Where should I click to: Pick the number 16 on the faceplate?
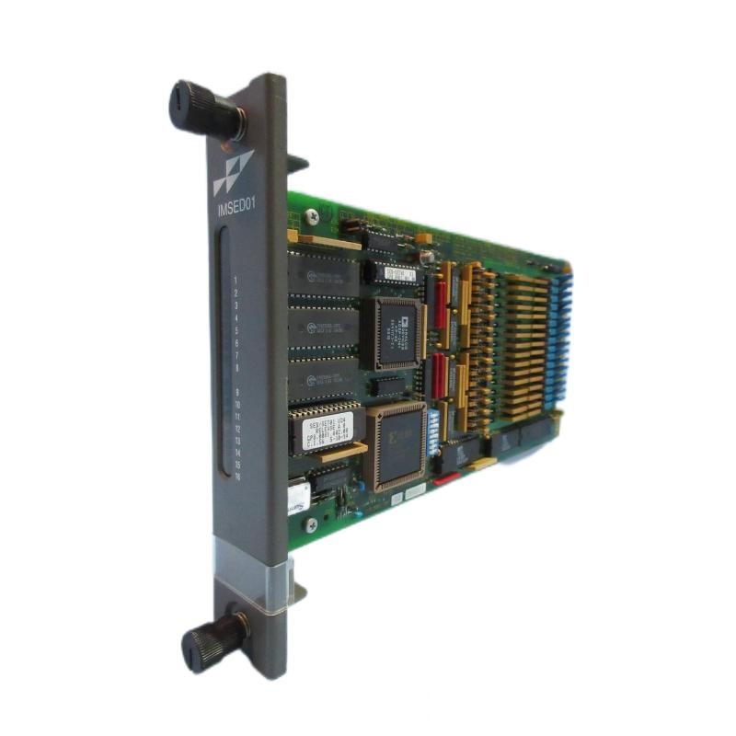pos(238,476)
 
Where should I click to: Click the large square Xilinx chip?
pos(395,443)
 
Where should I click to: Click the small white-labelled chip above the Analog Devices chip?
pos(398,273)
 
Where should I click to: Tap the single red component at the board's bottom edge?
pos(447,479)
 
